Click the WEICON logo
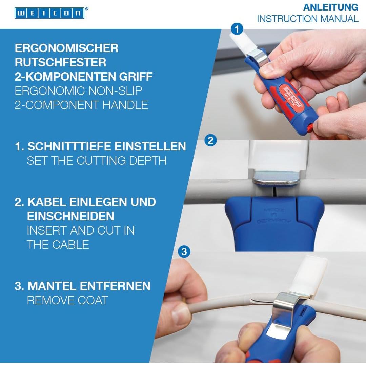pyautogui.click(x=50, y=13)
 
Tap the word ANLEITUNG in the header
pyautogui.click(x=330, y=7)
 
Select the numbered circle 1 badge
pyautogui.click(x=237, y=29)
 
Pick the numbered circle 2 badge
pyautogui.click(x=210, y=140)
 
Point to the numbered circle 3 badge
pyautogui.click(x=184, y=251)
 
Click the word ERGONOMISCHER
pyautogui.click(x=66, y=48)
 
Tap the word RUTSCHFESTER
pyautogui.click(x=60, y=62)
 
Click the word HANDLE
pyautogui.click(x=125, y=105)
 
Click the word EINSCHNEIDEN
pyautogui.click(x=70, y=216)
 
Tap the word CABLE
pyautogui.click(x=70, y=245)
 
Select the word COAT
pyautogui.click(x=93, y=300)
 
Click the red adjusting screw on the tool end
pyautogui.click(x=310, y=128)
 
